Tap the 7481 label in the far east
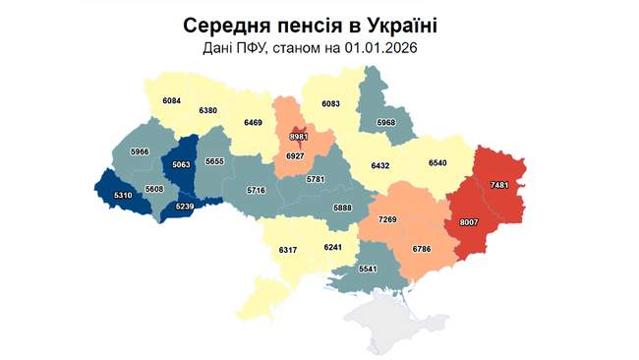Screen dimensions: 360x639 (x=498, y=185)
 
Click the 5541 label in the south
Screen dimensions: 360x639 (x=368, y=269)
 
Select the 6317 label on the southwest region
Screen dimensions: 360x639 (x=287, y=251)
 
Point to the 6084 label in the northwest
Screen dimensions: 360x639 (x=171, y=101)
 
